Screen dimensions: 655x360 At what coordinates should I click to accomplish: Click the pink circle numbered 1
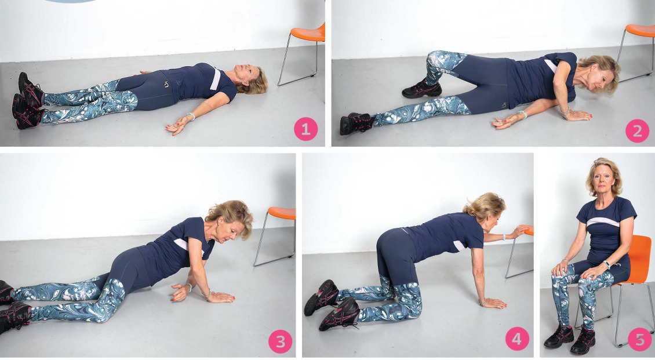pos(306,129)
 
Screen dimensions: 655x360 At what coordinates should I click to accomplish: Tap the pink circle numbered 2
pos(637,130)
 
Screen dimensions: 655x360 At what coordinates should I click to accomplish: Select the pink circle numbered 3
pos(281,341)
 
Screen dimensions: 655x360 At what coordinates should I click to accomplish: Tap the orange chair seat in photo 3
pos(282,213)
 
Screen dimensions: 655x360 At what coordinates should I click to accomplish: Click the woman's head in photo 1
pos(250,79)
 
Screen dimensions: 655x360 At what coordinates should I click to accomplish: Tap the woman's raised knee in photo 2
pos(436,59)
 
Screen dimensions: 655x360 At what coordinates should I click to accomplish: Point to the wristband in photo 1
pos(191,116)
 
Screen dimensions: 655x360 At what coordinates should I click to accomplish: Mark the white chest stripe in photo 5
pos(603,222)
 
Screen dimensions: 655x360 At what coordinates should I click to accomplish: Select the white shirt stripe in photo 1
pos(215,78)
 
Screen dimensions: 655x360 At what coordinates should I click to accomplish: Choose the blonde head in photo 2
pos(598,73)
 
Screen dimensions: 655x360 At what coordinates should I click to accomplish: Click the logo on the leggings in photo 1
pos(166,85)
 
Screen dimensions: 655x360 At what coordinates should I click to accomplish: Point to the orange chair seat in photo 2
pos(641,31)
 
